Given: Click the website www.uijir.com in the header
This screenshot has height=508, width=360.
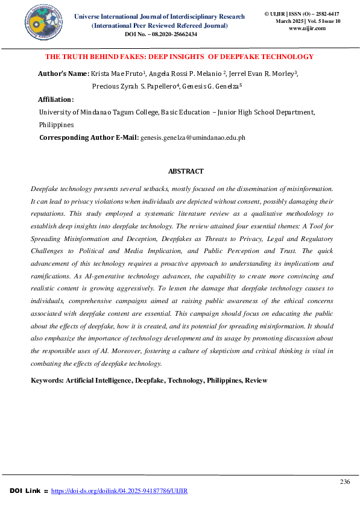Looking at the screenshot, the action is [307, 28].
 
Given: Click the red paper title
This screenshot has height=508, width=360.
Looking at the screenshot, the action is [180, 57].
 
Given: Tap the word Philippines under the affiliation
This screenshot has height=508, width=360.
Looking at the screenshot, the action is [56, 125].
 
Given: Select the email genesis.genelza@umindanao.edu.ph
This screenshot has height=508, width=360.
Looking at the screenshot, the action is [192, 138].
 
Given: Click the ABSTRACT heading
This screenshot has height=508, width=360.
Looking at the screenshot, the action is [186, 172].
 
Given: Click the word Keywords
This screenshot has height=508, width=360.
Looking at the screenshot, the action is [47, 381].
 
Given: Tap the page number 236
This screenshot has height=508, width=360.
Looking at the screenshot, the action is [345, 481].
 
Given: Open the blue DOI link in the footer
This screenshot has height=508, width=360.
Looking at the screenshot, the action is [119, 491].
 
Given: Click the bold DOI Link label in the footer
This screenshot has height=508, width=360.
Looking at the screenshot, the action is [28, 491].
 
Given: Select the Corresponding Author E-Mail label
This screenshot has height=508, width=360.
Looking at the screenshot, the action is [88, 138].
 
